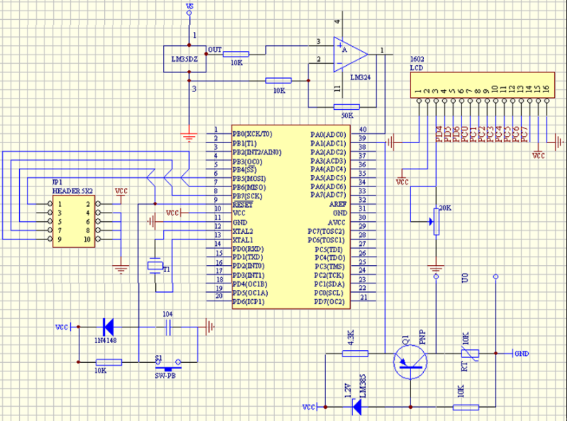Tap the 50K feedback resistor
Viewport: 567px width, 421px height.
point(345,107)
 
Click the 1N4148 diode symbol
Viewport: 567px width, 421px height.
point(108,327)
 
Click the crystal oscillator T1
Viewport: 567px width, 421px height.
point(155,266)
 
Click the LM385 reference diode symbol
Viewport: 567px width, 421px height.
point(357,407)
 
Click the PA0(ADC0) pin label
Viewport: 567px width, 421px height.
point(328,134)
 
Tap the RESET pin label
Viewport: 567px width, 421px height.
point(243,204)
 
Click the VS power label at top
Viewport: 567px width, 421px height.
point(189,7)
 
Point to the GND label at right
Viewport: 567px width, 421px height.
point(522,353)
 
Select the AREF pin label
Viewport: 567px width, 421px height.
point(338,204)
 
